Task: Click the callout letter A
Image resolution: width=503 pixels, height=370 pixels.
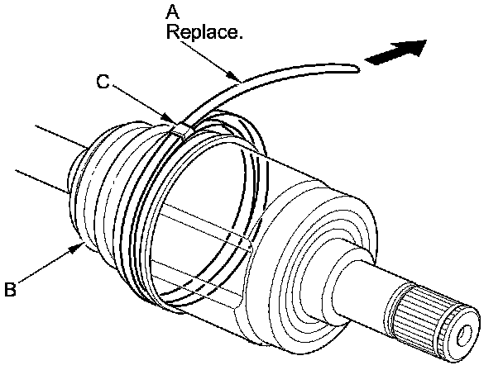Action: coord(173,12)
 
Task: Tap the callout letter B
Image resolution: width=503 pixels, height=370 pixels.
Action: coord(11,289)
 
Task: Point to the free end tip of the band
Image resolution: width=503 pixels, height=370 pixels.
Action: coord(359,69)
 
